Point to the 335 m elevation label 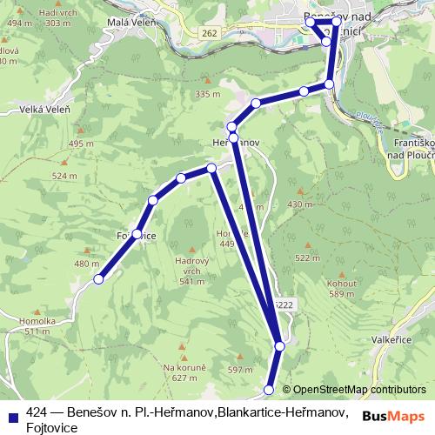click(x=208, y=93)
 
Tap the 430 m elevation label click(x=298, y=204)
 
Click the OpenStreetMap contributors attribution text click(x=359, y=390)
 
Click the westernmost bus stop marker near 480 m click(x=99, y=279)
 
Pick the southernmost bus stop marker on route click(x=269, y=390)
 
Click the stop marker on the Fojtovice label click(x=137, y=234)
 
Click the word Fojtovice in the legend click(x=53, y=427)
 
